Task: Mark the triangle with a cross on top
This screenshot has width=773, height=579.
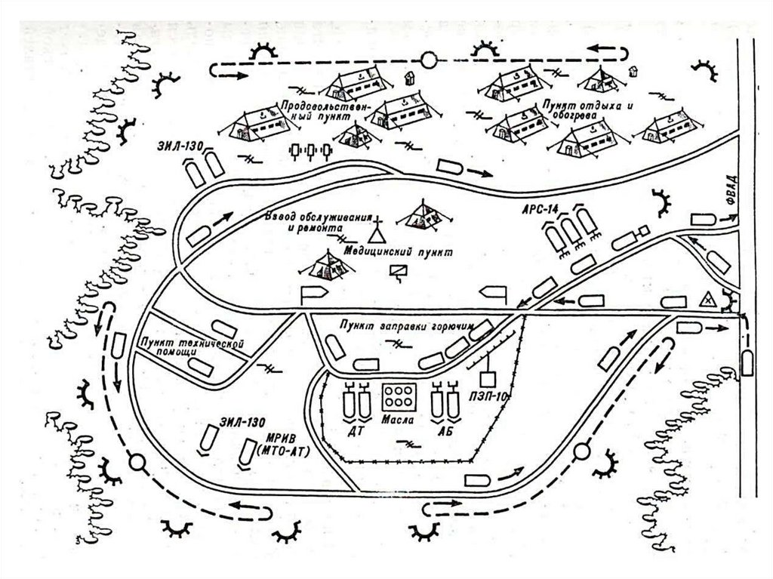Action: click(376, 232)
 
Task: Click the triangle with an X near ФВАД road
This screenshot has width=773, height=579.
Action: click(708, 298)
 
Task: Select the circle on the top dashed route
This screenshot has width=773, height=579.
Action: click(429, 60)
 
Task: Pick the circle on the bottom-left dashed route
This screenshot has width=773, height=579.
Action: click(137, 460)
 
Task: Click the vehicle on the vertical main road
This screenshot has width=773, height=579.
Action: click(747, 362)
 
